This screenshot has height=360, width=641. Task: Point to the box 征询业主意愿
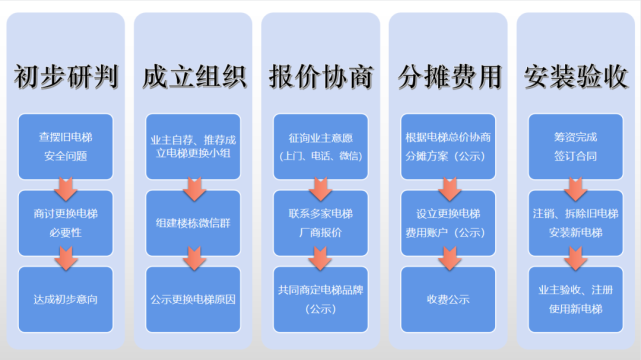pos(321,147)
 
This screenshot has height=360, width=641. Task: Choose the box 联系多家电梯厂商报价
pos(321,221)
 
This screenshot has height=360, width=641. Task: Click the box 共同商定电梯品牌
pos(321,297)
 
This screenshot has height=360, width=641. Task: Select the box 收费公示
pos(448,297)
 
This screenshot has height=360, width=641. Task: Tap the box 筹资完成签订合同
pos(575,147)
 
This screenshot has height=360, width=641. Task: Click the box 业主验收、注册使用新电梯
pos(575,297)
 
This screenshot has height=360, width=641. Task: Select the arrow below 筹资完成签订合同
pos(575,185)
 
